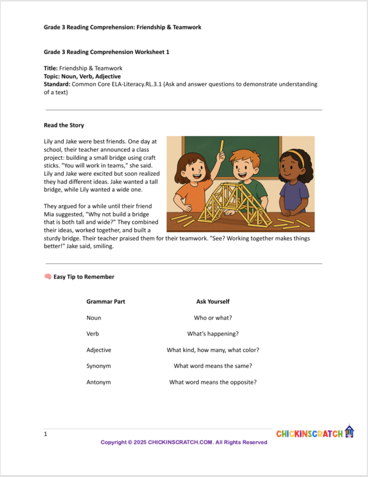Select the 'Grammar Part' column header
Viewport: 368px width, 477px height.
pyautogui.click(x=105, y=302)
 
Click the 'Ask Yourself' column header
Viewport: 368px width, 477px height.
pyautogui.click(x=213, y=302)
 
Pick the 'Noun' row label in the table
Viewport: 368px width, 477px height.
pyautogui.click(x=94, y=318)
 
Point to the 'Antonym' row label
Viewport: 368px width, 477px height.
pyautogui.click(x=99, y=382)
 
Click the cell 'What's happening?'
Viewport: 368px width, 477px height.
pyautogui.click(x=213, y=334)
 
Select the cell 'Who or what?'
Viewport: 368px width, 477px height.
pyautogui.click(x=213, y=318)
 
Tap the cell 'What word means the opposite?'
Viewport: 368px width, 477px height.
pyautogui.click(x=213, y=382)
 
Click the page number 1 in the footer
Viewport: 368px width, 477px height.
pyautogui.click(x=45, y=434)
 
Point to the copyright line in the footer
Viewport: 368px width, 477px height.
pyautogui.click(x=184, y=442)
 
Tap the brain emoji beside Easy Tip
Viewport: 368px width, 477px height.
pyautogui.click(x=48, y=277)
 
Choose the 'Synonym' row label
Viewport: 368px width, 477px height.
pyautogui.click(x=99, y=366)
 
